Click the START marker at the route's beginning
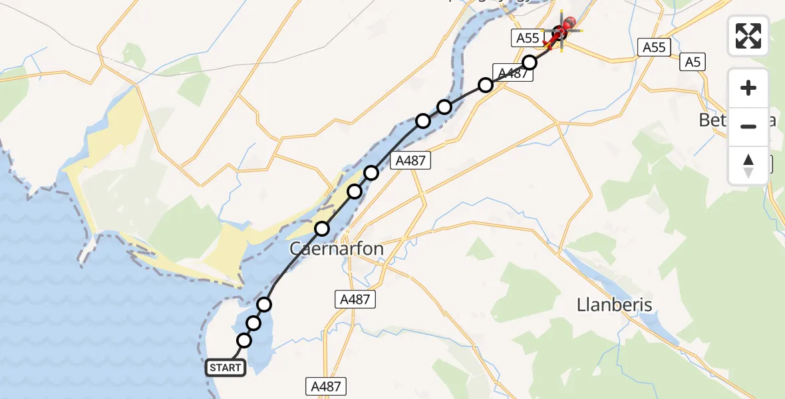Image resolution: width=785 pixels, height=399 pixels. tap(226, 368)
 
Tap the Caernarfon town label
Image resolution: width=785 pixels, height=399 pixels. tap(336, 249)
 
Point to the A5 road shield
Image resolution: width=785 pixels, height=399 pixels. tap(692, 63)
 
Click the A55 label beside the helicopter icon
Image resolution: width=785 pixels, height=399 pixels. tap(528, 38)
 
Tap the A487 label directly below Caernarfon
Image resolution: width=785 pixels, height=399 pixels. tap(355, 299)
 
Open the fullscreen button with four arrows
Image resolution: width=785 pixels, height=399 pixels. tap(748, 36)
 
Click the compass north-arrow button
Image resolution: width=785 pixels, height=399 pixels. tap(748, 166)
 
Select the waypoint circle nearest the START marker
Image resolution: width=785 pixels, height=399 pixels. tap(244, 340)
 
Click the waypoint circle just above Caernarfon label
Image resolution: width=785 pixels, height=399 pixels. tap(322, 229)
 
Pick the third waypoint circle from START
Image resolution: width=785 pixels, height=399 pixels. tap(264, 305)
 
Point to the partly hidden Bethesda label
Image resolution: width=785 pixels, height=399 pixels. tap(715, 120)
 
